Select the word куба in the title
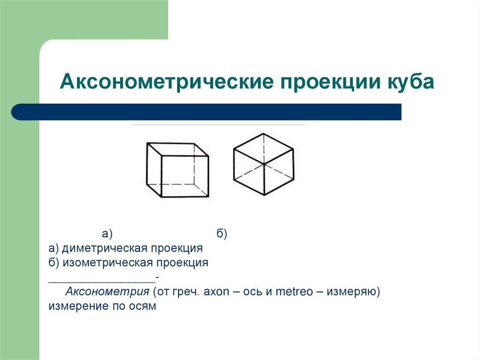(411, 83)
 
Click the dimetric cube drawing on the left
(178, 170)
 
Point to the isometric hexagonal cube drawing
(264, 164)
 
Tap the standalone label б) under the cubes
(222, 233)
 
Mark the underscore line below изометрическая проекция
(102, 279)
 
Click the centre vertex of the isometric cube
(264, 164)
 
